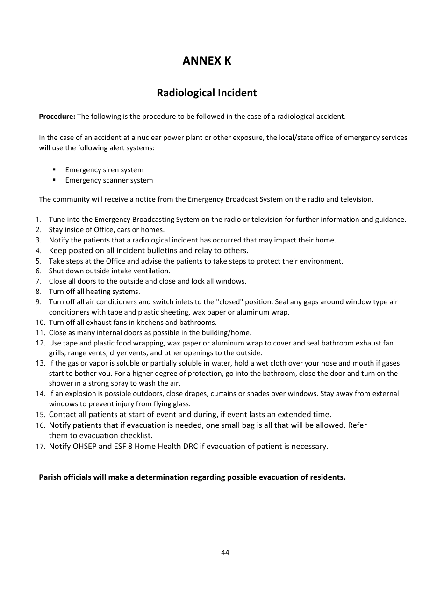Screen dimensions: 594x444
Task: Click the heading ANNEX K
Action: [x=207, y=61]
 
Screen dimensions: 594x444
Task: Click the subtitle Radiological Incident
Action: [x=207, y=93]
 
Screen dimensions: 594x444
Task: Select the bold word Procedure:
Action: [x=57, y=117]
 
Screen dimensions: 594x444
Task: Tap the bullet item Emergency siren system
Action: [x=104, y=170]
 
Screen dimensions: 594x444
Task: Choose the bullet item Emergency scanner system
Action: [x=109, y=180]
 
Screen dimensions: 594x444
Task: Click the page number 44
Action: [x=225, y=552]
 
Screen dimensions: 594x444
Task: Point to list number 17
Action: [x=40, y=447]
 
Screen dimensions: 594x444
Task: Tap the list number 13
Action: [x=40, y=363]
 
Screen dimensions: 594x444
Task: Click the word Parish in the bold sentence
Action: [x=49, y=477]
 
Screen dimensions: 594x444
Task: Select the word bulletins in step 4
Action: [x=162, y=250]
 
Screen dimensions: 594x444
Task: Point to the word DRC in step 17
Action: [x=190, y=446]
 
